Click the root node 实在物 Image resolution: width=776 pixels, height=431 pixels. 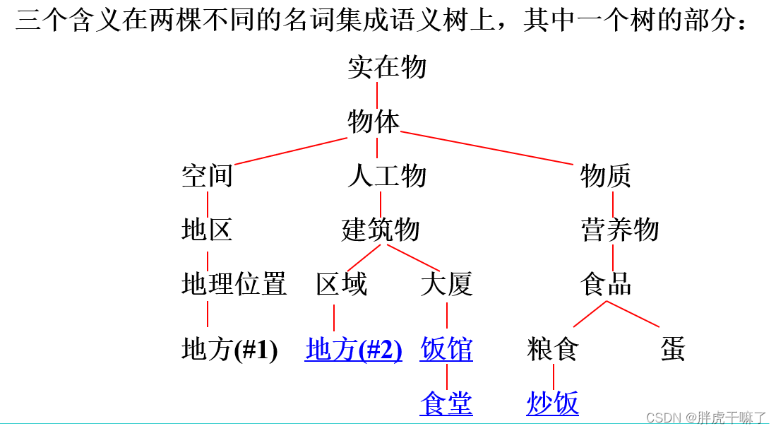click(x=387, y=68)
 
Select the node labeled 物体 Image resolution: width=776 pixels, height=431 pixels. click(x=374, y=122)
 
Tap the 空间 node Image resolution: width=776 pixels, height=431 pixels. click(x=207, y=176)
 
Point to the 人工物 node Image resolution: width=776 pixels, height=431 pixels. click(x=387, y=176)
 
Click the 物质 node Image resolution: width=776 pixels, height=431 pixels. click(x=606, y=176)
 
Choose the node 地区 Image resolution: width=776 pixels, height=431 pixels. click(x=207, y=230)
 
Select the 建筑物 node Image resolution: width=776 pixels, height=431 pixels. click(x=381, y=230)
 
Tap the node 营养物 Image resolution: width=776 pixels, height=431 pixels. click(x=620, y=230)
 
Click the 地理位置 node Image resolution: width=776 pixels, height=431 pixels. click(x=234, y=284)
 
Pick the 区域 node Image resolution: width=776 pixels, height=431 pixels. click(x=342, y=284)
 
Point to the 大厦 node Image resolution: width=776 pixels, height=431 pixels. click(x=446, y=284)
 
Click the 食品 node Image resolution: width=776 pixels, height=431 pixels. click(x=606, y=284)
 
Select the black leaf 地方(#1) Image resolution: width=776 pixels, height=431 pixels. click(x=229, y=350)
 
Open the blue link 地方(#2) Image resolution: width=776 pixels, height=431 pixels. click(x=354, y=350)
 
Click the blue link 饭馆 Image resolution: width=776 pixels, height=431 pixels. click(x=446, y=350)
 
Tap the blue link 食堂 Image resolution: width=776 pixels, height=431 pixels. click(x=446, y=403)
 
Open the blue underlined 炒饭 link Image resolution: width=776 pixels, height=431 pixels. click(x=553, y=403)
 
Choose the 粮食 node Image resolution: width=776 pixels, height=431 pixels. click(x=553, y=350)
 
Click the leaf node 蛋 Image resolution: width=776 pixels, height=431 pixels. click(x=673, y=350)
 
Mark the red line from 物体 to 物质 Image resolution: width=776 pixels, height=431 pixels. click(x=487, y=147)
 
